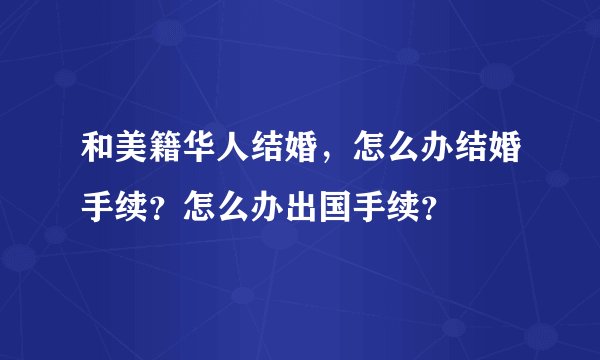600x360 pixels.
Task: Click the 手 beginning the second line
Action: click(x=97, y=203)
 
